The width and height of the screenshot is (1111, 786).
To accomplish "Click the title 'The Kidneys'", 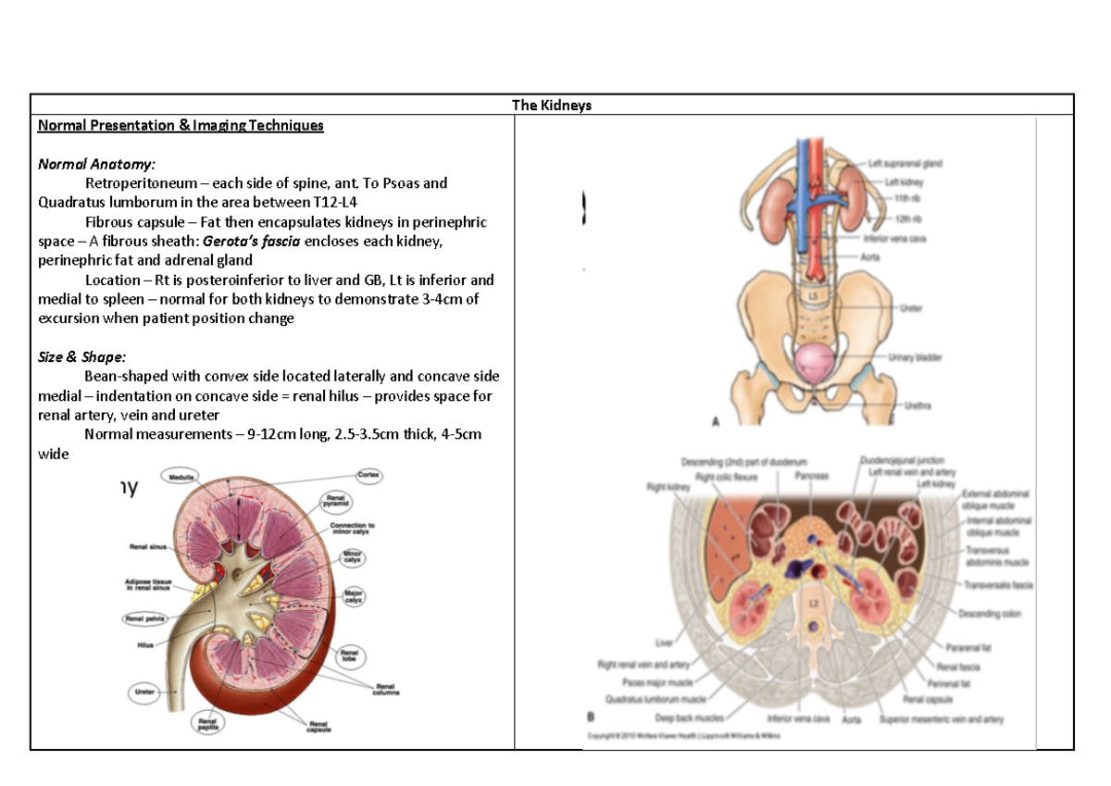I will coord(552,106).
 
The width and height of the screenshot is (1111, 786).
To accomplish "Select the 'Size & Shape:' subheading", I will coord(82,356).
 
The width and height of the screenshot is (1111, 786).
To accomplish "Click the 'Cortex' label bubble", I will coord(369,474).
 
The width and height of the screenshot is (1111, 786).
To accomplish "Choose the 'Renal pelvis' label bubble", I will coord(144,618).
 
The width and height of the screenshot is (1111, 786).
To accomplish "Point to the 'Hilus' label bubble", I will coord(145,646).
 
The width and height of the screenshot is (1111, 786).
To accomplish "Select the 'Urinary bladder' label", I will coord(915,356).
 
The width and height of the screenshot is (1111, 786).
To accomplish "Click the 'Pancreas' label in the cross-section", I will coord(811,476).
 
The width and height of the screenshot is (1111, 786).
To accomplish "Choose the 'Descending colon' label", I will coord(990,614).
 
